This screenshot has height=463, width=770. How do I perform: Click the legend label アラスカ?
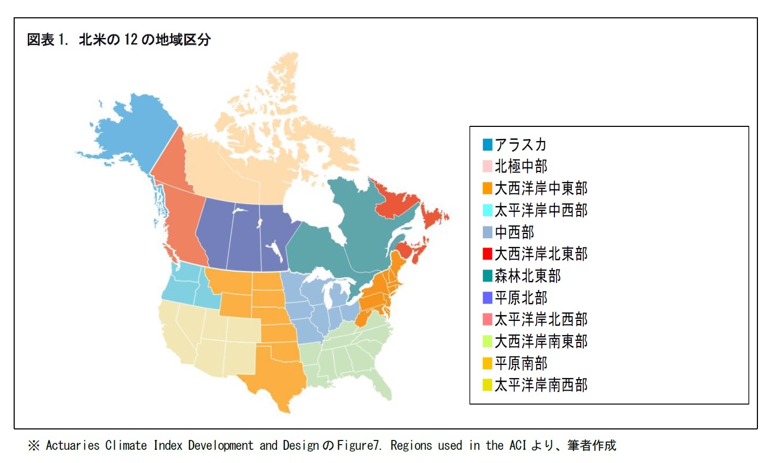tap(520, 145)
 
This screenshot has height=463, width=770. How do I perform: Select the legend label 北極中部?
tap(520, 166)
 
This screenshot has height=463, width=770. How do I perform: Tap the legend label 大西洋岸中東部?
tap(541, 188)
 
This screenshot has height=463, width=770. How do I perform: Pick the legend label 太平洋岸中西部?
tap(541, 210)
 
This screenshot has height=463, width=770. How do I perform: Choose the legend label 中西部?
tap(514, 232)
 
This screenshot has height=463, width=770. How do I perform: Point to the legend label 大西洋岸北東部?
tap(541, 254)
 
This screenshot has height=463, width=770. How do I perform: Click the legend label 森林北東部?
tap(527, 276)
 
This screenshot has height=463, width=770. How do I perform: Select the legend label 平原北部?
tap(520, 298)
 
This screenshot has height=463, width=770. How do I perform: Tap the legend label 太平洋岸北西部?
tap(541, 319)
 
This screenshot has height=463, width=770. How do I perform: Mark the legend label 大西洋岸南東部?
tap(541, 341)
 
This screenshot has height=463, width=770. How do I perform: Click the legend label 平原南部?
tap(520, 363)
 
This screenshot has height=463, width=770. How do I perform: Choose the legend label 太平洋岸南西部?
tap(541, 385)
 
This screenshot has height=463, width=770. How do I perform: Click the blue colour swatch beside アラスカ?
tap(487, 145)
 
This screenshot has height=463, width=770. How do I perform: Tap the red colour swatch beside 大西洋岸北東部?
tap(487, 254)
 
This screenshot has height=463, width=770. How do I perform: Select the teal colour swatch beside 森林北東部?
tap(487, 276)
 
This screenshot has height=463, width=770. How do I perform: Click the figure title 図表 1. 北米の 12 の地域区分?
tap(119, 40)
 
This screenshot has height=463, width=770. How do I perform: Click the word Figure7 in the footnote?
tap(359, 446)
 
